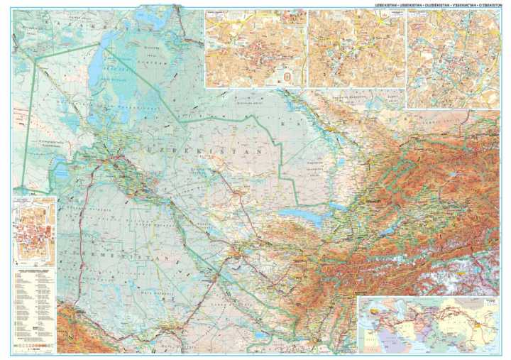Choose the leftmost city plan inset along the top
255,48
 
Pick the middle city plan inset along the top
356,48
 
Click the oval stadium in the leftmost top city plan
287,73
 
